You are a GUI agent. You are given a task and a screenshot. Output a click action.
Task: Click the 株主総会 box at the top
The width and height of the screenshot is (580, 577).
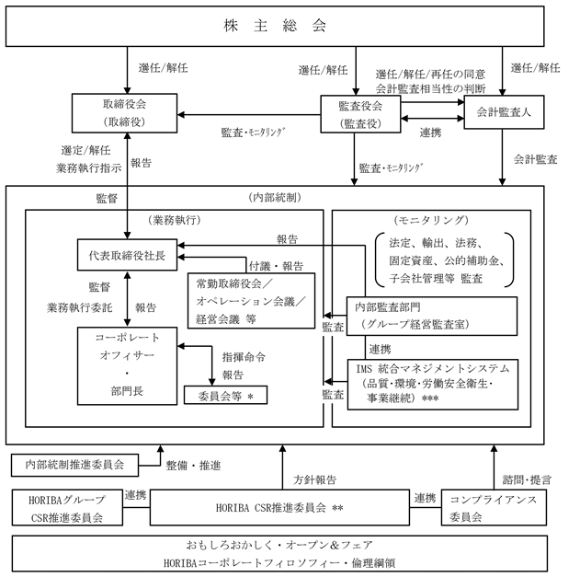pyautogui.click(x=290, y=27)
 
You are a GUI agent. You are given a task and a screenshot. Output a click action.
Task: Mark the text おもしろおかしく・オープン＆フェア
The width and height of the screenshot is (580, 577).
pyautogui.click(x=289, y=545)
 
